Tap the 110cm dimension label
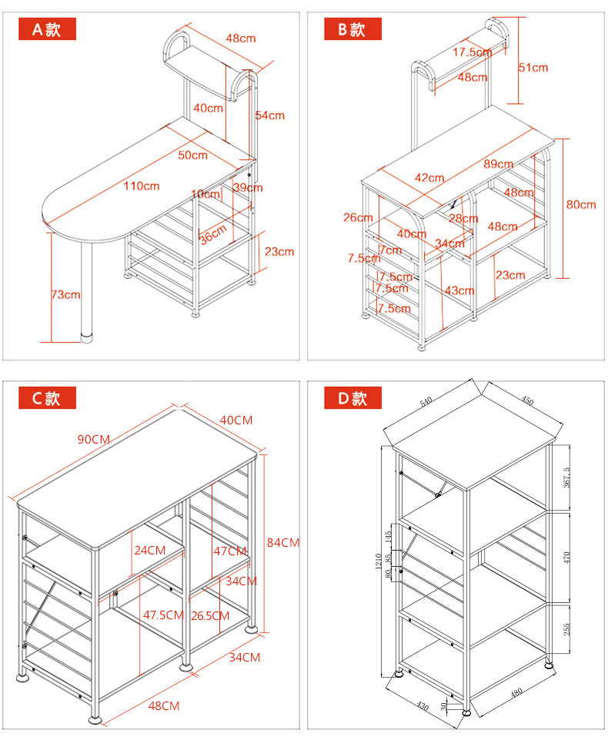pos(141,186)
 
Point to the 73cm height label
pos(66,294)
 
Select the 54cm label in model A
pos(270,116)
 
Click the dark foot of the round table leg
pos(87,337)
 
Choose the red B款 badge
pos(352,30)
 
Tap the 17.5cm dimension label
pos(472,52)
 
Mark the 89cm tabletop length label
pos(499,164)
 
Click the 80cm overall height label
pos(582,204)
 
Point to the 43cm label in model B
pos(459,290)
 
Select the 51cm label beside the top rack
pos(533,68)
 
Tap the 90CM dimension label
pos(94,439)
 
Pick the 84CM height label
pos(282,542)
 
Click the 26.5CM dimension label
pos(210,615)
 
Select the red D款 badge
pos(352,398)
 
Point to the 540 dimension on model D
pos(426,402)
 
